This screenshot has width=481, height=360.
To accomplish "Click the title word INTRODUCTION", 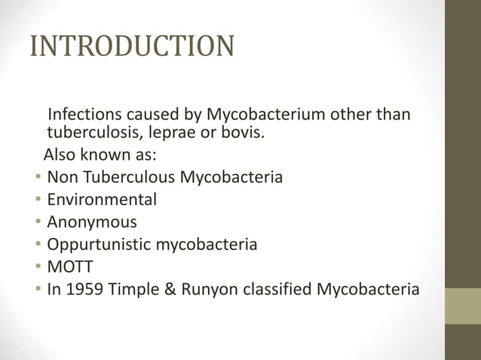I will point(131,46).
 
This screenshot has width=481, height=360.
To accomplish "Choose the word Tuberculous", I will point(126,178).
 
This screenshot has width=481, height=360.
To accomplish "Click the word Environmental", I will point(102,200).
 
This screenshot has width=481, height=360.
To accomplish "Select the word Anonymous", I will point(92,222).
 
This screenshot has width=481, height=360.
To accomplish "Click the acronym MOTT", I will point(68,266).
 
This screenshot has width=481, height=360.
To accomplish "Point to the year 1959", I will point(84,288).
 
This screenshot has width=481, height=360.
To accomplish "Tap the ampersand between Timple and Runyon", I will point(170,288).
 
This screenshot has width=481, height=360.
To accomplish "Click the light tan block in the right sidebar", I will point(462,306).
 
